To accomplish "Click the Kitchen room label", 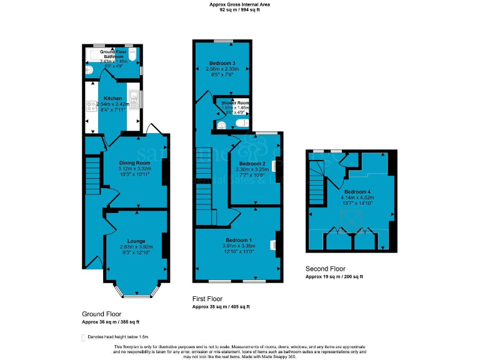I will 113,98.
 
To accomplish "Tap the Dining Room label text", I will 135,162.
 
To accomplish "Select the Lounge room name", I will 136,241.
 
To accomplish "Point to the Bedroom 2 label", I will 254,163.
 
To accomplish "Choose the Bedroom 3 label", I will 222,63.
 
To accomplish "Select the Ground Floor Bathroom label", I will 113,54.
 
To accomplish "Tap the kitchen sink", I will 134,100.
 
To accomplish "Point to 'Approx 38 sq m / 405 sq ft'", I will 221,307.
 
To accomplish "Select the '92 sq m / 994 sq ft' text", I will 239,10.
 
